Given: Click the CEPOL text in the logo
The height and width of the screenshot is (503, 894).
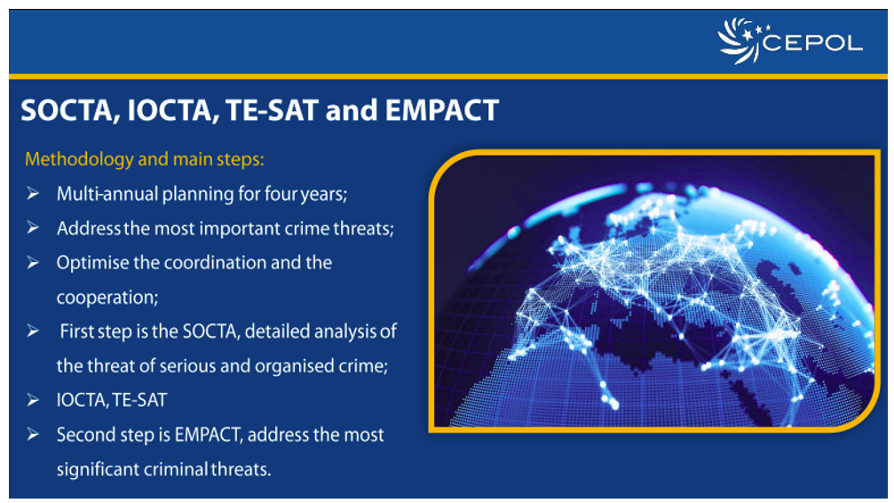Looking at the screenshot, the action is point(812,43).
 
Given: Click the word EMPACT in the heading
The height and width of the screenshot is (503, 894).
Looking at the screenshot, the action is point(442,110).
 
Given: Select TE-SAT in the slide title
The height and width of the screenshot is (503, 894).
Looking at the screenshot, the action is point(272,110).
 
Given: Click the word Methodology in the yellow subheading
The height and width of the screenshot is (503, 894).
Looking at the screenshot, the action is point(79,159).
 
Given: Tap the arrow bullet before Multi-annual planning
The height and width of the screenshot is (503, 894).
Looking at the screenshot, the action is point(33,194).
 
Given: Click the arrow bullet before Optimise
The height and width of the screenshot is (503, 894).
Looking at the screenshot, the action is point(33,263).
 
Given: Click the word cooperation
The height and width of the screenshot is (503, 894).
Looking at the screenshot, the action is point(105,298).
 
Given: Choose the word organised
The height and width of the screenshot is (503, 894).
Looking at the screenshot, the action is point(296,366).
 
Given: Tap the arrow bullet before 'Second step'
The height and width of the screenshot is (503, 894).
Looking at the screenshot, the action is point(33,435).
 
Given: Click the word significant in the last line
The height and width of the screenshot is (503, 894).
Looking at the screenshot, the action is point(98,469).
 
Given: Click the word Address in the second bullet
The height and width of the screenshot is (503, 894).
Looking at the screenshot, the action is point(88,228).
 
